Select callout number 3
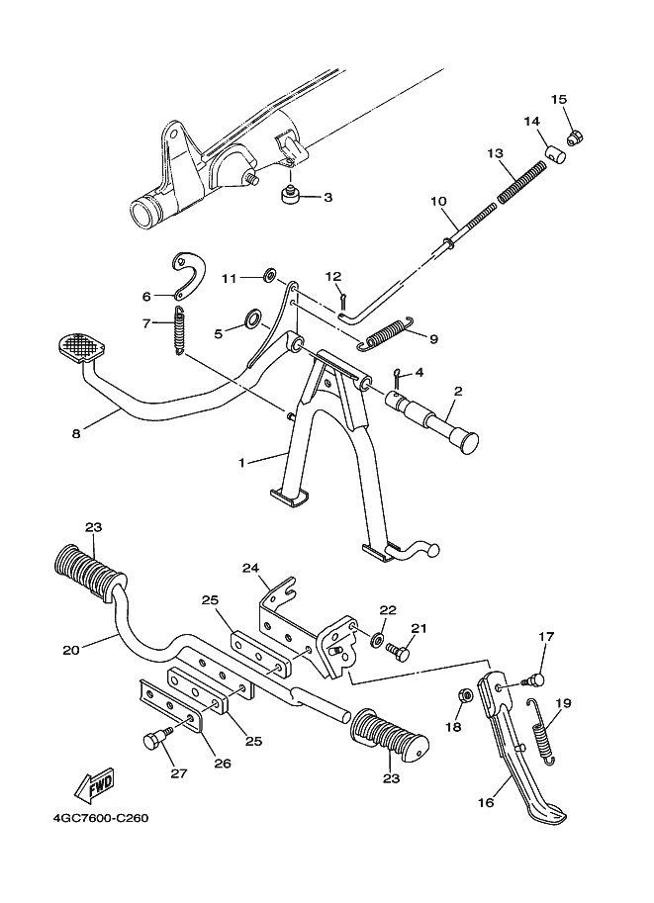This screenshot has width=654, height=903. (327, 197)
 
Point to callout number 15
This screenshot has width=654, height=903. (559, 99)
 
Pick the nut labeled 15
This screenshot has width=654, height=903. (573, 135)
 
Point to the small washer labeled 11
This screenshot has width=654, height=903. (269, 278)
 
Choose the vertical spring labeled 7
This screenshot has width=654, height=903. (179, 330)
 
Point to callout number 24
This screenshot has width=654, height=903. (249, 568)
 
